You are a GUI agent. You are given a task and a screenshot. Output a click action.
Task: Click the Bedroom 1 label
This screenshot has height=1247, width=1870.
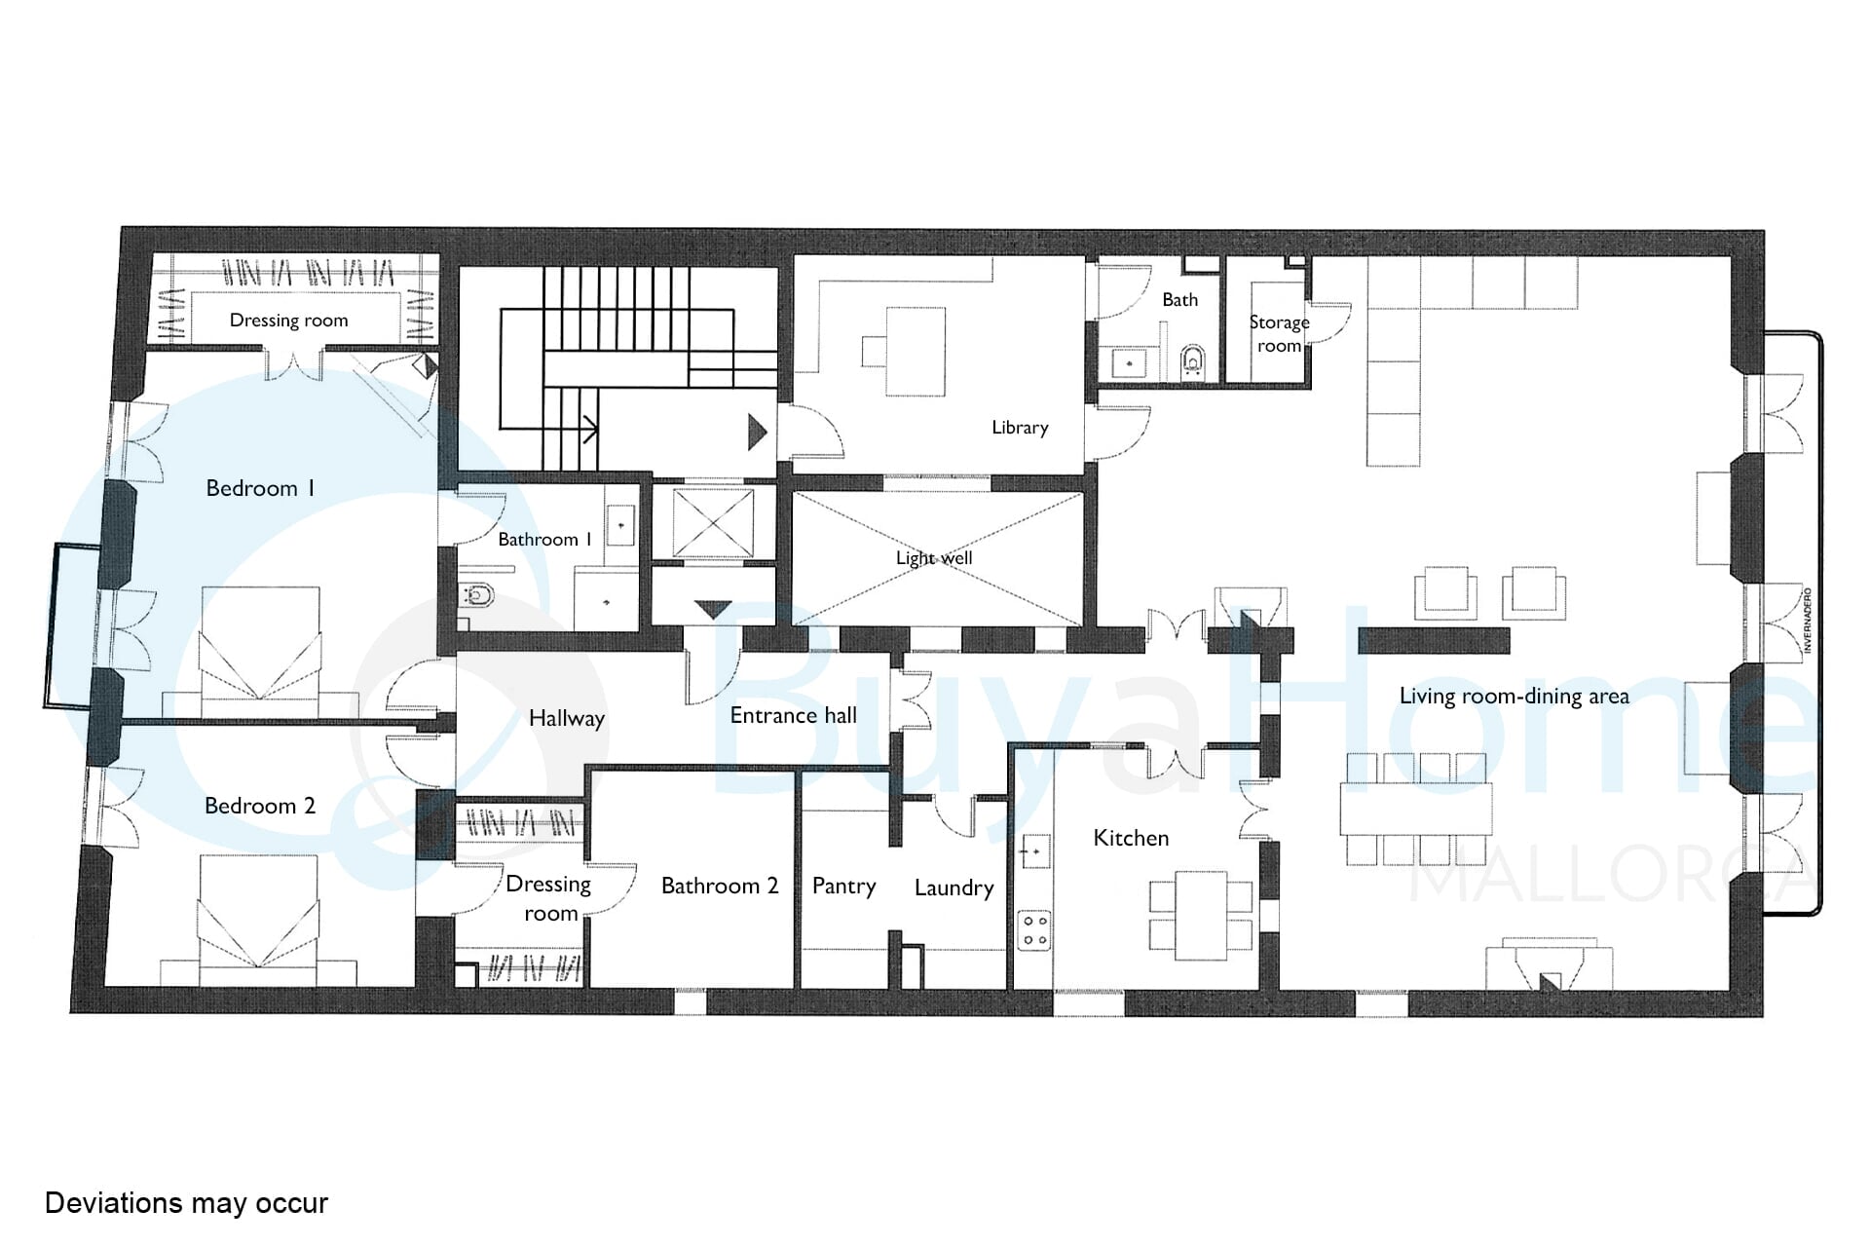coord(260,488)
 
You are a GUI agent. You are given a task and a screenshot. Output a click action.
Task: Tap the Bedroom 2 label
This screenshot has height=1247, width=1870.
coord(260,806)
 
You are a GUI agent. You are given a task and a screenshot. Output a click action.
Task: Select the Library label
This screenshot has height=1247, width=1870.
coord(1020,428)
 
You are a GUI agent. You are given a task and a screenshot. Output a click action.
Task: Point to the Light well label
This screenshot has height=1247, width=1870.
coord(934,558)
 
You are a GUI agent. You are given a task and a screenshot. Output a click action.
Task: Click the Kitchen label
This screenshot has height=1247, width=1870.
coord(1131,838)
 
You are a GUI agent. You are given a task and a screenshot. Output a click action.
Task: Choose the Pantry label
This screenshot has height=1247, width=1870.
coord(843,887)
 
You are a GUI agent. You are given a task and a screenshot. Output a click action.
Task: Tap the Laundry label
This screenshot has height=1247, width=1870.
coord(954,888)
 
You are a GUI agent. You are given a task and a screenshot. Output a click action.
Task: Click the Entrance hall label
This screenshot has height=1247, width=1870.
coord(794,716)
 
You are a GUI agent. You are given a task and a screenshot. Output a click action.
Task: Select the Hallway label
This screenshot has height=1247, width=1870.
coord(567,719)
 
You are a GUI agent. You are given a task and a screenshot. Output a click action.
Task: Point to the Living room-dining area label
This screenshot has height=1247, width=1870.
coord(1515,697)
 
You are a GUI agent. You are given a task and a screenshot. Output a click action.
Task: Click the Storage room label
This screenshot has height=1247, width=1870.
coord(1280,334)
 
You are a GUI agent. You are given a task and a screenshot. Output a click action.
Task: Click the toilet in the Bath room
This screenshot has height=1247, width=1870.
coord(1193,363)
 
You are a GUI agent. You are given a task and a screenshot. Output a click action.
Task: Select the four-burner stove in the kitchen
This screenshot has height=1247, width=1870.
coord(1034,929)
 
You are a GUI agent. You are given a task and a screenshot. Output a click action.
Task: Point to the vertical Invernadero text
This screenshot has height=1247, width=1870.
coord(1807,621)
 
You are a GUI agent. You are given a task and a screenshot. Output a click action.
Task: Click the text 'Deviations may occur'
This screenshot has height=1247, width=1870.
coord(186,1203)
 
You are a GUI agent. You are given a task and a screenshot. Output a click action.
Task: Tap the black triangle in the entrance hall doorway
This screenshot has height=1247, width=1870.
coord(713,611)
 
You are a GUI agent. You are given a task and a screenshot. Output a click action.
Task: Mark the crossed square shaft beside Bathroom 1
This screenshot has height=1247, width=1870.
coord(713,524)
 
